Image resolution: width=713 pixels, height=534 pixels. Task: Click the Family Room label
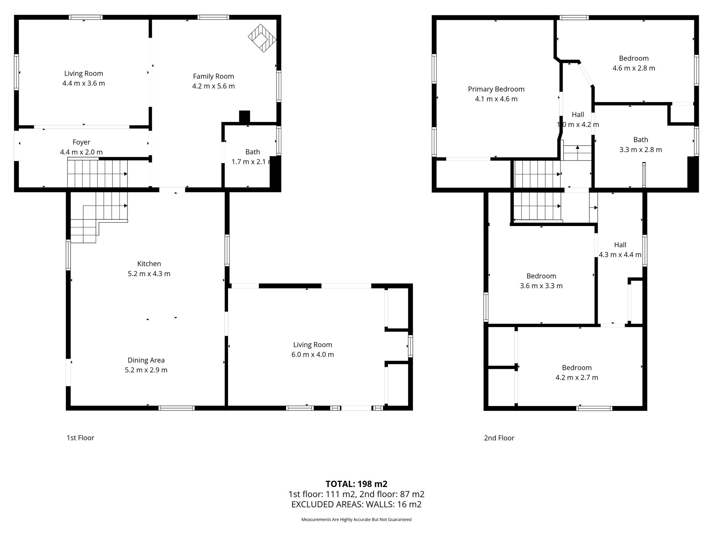(x=213, y=76)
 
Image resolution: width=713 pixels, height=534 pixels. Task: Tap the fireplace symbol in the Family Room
(x=262, y=38)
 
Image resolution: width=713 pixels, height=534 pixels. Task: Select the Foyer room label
(x=81, y=142)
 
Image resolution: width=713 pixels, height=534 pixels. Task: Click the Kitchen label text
(x=149, y=264)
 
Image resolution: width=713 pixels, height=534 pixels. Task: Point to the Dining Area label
(x=146, y=360)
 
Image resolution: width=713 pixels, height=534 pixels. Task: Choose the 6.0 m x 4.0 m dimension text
(x=313, y=355)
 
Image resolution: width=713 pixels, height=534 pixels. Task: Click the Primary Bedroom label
(x=496, y=89)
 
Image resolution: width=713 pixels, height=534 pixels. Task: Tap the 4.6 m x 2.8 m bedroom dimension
(x=634, y=68)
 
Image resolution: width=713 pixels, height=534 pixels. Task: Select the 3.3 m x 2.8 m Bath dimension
(x=641, y=149)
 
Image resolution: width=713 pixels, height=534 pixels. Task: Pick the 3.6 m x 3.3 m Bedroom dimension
(x=541, y=286)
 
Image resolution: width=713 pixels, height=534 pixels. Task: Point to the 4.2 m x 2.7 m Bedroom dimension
(x=577, y=378)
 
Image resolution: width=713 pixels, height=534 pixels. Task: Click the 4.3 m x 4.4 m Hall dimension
(x=620, y=254)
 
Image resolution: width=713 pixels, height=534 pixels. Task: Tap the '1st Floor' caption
(x=80, y=438)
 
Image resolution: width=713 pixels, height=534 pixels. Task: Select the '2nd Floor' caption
(x=499, y=438)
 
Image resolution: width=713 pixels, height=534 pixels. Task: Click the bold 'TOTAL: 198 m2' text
(x=356, y=484)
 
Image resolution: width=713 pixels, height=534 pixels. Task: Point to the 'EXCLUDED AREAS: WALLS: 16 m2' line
(x=356, y=504)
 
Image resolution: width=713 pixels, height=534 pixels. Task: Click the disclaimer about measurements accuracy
(x=356, y=519)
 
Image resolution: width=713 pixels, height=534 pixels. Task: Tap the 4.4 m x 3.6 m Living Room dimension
(x=84, y=83)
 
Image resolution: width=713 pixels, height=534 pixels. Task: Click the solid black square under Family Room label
(x=244, y=116)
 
